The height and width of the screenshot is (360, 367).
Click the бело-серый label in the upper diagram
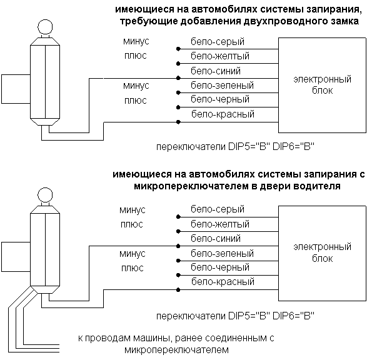pyautogui.click(x=218, y=42)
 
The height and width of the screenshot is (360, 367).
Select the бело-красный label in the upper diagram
pyautogui.click(x=223, y=114)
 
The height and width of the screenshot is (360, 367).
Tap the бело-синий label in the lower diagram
pyautogui.click(x=216, y=239)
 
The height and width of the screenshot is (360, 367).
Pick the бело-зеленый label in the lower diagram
pyautogui.click(x=222, y=253)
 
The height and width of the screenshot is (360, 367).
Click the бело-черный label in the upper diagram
pyautogui.click(x=220, y=99)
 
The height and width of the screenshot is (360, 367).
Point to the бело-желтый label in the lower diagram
pyautogui.click(x=220, y=224)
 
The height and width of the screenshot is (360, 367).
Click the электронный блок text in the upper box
pyautogui.click(x=322, y=84)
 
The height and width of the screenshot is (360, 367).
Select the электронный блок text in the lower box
pyautogui.click(x=322, y=252)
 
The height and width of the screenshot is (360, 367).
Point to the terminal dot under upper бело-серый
pyautogui.click(x=178, y=49)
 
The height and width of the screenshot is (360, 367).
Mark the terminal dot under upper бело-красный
pyautogui.click(x=178, y=122)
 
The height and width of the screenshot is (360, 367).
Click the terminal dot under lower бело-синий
pyautogui.click(x=178, y=246)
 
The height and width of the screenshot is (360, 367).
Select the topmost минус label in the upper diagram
pyautogui.click(x=136, y=41)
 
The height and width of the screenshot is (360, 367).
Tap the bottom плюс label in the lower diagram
pyautogui.click(x=133, y=268)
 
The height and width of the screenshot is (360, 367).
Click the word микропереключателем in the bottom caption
pyautogui.click(x=176, y=350)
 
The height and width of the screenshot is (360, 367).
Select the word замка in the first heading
pyautogui.click(x=344, y=21)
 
